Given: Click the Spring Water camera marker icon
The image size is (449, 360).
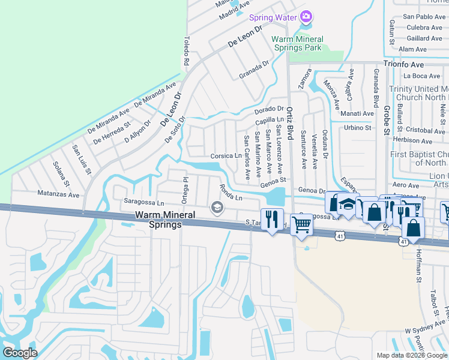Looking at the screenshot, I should (306, 17).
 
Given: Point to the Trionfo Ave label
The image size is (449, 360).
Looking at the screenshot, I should (404, 64).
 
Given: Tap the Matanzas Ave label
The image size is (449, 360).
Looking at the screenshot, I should (58, 194).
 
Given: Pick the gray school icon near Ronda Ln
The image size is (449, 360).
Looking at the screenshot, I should (217, 208).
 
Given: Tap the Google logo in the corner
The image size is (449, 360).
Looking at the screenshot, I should (20, 352).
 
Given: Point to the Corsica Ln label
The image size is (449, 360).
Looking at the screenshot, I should (226, 155).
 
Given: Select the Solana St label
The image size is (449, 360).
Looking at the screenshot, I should (61, 173).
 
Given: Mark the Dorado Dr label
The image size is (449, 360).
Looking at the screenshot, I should (268, 109).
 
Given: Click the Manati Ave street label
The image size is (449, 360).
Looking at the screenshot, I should (357, 113).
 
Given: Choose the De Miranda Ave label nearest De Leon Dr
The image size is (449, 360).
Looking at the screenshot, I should (155, 96).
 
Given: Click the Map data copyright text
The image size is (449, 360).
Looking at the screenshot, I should (412, 355).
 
